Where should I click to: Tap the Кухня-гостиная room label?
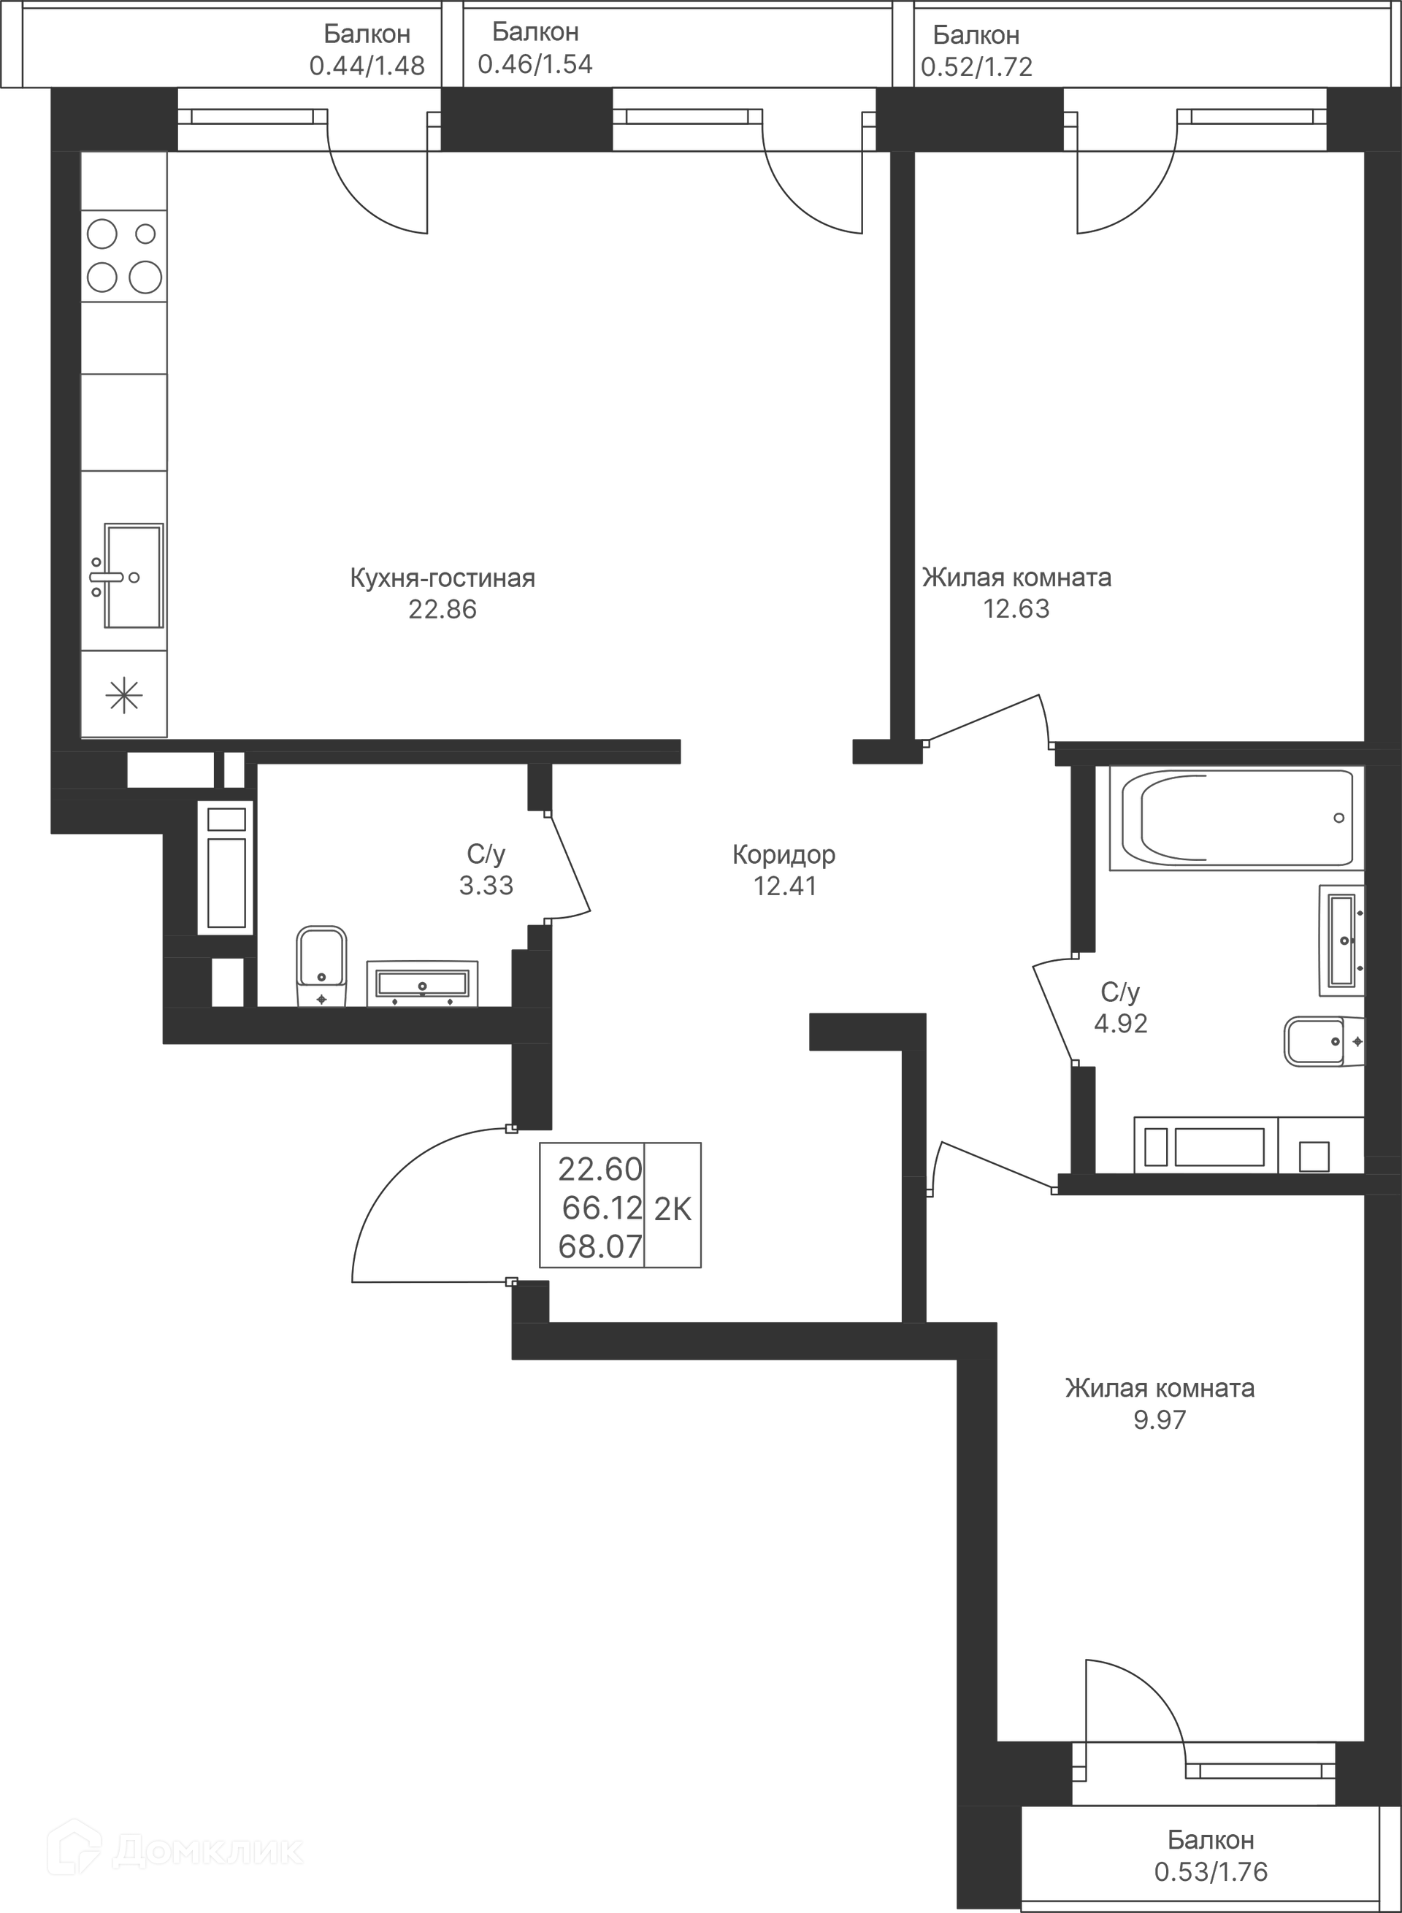coord(443,579)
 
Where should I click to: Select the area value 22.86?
coord(443,610)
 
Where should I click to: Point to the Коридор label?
coord(784,855)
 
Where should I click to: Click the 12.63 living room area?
coord(1016,608)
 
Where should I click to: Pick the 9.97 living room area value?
coord(1160,1419)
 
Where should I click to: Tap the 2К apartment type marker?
coord(672,1209)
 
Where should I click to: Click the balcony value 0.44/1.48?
coord(367,66)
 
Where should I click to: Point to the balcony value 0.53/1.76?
coord(1210,1871)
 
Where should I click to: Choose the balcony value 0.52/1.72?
coord(976,67)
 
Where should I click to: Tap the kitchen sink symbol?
coord(127,576)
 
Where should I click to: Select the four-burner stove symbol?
coord(124,256)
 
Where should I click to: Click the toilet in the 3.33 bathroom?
coord(321,967)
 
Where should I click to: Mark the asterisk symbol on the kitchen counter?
coord(124,696)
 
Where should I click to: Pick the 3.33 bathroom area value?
coord(486,885)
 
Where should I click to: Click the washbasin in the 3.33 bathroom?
coord(422,983)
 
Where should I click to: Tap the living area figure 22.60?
coord(600,1170)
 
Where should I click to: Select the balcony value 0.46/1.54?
coord(535,64)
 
